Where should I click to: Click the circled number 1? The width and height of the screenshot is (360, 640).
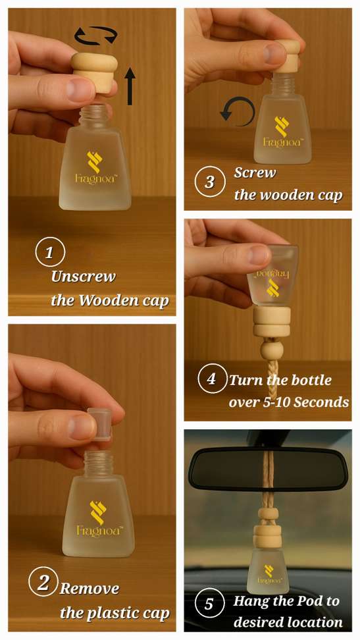[x=50, y=253]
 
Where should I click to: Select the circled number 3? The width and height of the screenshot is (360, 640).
[x=209, y=182]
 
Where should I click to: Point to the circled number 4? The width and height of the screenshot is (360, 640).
[x=211, y=379]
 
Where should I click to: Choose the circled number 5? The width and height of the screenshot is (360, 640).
[x=209, y=603]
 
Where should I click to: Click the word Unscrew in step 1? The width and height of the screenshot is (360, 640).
[x=84, y=277]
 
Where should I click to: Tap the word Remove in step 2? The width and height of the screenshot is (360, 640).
[x=90, y=589]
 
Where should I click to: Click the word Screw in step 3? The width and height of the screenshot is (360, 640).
[x=255, y=173]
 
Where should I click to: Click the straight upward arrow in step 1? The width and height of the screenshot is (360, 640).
[x=130, y=86]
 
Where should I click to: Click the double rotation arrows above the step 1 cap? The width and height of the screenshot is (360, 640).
[x=96, y=35]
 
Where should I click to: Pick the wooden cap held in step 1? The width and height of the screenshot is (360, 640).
[x=94, y=72]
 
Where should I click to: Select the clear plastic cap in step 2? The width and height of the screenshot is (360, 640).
[x=99, y=425]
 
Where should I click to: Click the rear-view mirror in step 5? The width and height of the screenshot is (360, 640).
[x=268, y=469]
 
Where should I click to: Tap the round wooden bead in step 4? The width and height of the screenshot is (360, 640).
[x=268, y=350]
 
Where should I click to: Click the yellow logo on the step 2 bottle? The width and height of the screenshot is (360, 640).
[x=97, y=512]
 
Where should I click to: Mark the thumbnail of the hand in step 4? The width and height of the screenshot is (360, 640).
[x=259, y=255]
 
